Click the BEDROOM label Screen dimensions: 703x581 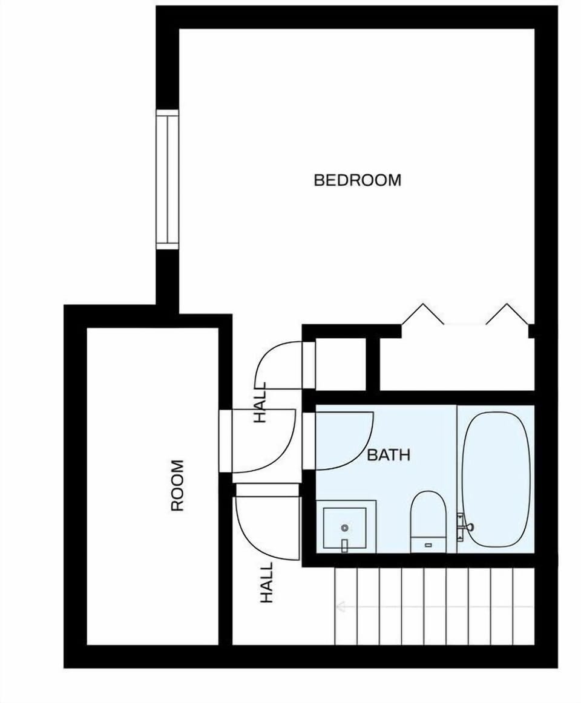pos(357,180)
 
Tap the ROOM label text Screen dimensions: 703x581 pos(177,486)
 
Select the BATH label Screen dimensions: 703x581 pos(389,455)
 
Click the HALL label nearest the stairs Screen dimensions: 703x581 pos(267,582)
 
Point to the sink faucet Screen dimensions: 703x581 pos(344,545)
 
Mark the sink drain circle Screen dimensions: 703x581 pos(344,528)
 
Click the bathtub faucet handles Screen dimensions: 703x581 pos(465,527)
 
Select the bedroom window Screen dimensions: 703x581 pos(168,180)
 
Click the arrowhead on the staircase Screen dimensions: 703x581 pos(340,606)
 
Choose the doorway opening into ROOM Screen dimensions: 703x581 pos(225,440)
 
